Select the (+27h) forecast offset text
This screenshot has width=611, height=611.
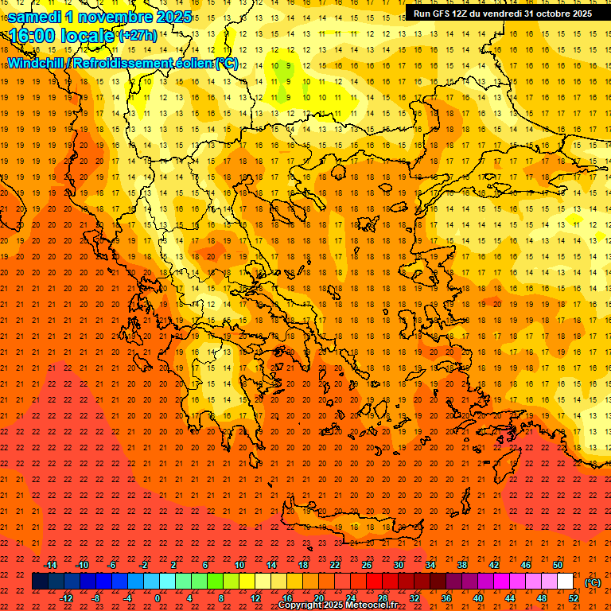click(137, 37)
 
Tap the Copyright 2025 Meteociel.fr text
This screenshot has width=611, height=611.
click(337, 605)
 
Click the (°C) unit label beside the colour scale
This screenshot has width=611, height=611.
click(593, 582)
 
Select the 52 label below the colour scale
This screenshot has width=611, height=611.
click(574, 598)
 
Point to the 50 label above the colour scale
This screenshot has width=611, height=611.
click(558, 565)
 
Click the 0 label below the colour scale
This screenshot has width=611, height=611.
click(158, 598)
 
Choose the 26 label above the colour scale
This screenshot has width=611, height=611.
click(367, 565)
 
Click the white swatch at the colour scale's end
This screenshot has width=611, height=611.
click(566, 582)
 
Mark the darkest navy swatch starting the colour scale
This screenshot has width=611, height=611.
click(40, 582)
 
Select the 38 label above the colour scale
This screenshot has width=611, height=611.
click(462, 565)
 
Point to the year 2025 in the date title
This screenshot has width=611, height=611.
click(174, 17)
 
